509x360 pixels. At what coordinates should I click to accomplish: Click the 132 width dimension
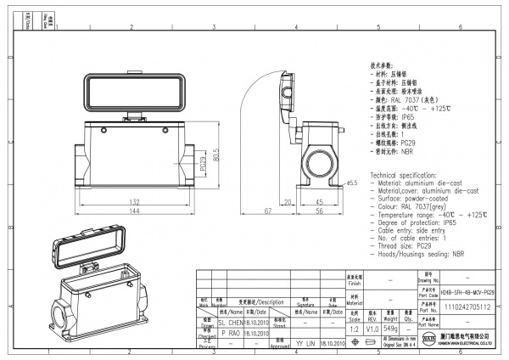(x=134, y=201)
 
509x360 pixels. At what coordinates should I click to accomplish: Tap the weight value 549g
(x=391, y=328)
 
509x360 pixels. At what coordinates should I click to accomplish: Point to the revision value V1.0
(x=372, y=328)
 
